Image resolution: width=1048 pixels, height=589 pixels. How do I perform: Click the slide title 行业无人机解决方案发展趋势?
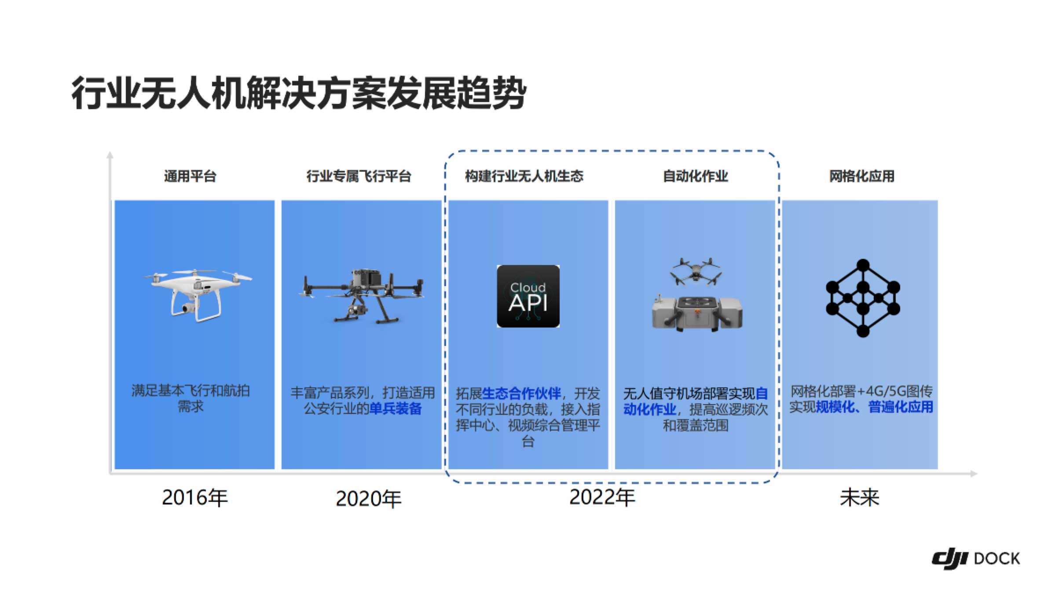pyautogui.click(x=299, y=93)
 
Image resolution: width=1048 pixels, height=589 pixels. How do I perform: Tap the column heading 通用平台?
pyautogui.click(x=190, y=176)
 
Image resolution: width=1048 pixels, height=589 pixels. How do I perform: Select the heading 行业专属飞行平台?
pyautogui.click(x=359, y=176)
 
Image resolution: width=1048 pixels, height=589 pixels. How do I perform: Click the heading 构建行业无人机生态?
pyautogui.click(x=524, y=176)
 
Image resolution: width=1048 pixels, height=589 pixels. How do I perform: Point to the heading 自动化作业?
pyautogui.click(x=695, y=176)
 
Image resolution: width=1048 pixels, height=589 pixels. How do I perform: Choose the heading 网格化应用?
pyautogui.click(x=861, y=176)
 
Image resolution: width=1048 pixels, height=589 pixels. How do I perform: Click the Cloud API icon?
pyautogui.click(x=528, y=296)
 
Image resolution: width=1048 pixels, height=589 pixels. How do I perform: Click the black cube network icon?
pyautogui.click(x=863, y=298)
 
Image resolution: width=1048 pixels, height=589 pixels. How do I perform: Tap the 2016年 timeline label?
pyautogui.click(x=195, y=498)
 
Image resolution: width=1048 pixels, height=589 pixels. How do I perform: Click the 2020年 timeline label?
pyautogui.click(x=369, y=499)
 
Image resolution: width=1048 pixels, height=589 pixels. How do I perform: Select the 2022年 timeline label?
pyautogui.click(x=602, y=497)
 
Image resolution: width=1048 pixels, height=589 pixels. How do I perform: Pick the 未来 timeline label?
pyautogui.click(x=859, y=498)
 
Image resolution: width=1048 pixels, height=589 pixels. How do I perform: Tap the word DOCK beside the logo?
pyautogui.click(x=997, y=559)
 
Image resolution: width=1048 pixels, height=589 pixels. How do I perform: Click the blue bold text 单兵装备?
pyautogui.click(x=395, y=409)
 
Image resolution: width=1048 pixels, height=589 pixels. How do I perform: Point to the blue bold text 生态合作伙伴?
pyautogui.click(x=521, y=393)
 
